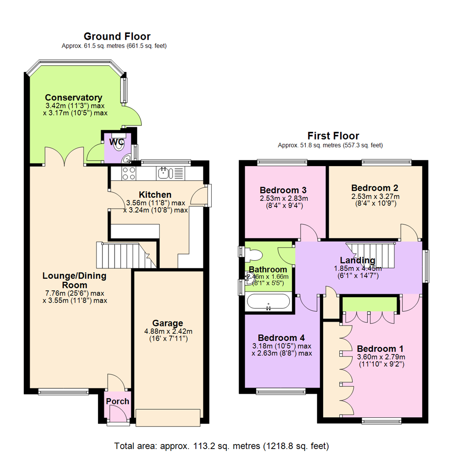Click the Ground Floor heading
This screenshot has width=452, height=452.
click(117, 36)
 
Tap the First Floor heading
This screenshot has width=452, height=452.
click(333, 136)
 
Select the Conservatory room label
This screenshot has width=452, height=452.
click(74, 98)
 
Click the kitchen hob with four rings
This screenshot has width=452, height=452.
click(128, 173)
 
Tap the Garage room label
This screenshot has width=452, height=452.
click(167, 323)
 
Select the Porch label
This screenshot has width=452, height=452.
click(118, 401)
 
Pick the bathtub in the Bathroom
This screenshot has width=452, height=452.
click(268, 301)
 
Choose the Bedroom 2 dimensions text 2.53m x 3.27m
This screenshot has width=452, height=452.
click(375, 196)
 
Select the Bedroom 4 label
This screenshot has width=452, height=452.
click(281, 337)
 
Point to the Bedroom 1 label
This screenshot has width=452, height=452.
click(380, 349)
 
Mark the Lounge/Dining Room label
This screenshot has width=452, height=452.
click(74, 280)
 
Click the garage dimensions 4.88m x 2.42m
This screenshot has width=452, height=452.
click(168, 331)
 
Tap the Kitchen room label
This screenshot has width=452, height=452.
click(155, 195)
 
